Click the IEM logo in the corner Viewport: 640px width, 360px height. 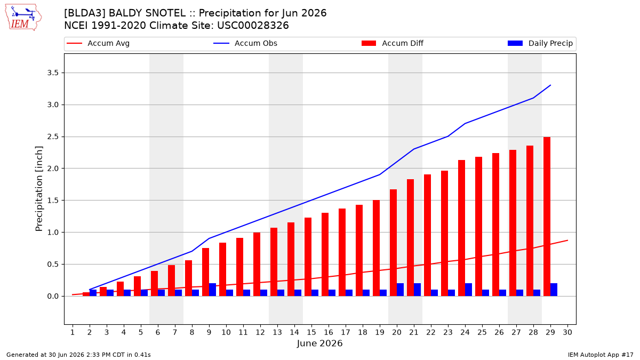click(x=23, y=18)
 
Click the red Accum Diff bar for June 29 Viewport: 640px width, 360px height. click(x=547, y=217)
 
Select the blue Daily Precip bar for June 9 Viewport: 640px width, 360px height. click(x=213, y=290)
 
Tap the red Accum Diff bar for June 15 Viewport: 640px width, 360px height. click(x=308, y=257)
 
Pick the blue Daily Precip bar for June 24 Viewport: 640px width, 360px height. click(x=469, y=290)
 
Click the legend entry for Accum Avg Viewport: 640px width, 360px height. click(x=98, y=43)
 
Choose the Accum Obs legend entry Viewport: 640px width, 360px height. click(x=245, y=43)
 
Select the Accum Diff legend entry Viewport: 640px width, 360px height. click(x=393, y=43)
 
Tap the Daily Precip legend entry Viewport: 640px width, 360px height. click(x=540, y=43)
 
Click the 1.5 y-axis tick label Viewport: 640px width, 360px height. click(x=53, y=201)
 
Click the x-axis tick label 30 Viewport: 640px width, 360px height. click(x=567, y=332)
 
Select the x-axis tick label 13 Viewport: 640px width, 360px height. click(x=277, y=332)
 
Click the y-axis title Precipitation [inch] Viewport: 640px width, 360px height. click(x=39, y=189)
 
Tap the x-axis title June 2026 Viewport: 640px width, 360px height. click(x=319, y=343)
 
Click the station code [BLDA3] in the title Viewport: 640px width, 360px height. click(x=85, y=13)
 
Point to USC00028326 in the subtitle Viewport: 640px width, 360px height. click(x=253, y=26)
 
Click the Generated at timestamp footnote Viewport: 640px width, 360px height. click(x=78, y=355)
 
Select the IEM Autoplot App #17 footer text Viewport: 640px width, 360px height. click(x=601, y=355)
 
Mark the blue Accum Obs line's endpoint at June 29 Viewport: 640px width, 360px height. click(x=550, y=85)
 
